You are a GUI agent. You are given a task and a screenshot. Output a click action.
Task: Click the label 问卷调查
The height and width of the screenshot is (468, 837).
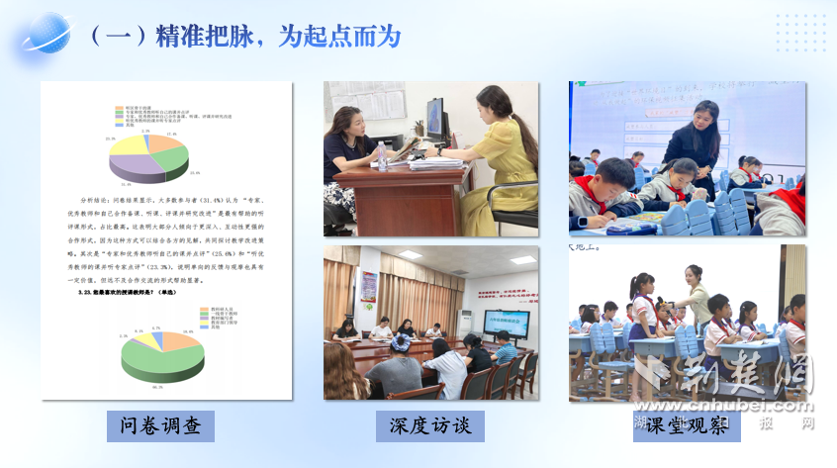[x=160, y=425]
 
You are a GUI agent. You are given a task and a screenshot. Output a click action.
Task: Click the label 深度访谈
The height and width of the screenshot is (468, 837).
[x=430, y=425]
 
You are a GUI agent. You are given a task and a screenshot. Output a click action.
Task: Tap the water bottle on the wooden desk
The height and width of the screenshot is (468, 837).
[x=382, y=155]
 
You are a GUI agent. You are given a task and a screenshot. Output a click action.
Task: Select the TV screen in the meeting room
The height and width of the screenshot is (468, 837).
[x=505, y=322]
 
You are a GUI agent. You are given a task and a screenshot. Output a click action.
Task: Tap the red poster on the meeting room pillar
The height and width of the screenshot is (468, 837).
[x=369, y=286]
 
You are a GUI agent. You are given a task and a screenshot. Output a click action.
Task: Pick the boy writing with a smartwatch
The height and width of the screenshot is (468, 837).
[x=605, y=193]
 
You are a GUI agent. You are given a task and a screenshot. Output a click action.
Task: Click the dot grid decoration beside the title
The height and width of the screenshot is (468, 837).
[x=801, y=32]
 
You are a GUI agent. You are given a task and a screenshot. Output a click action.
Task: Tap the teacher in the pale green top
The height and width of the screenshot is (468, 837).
[x=697, y=294]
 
